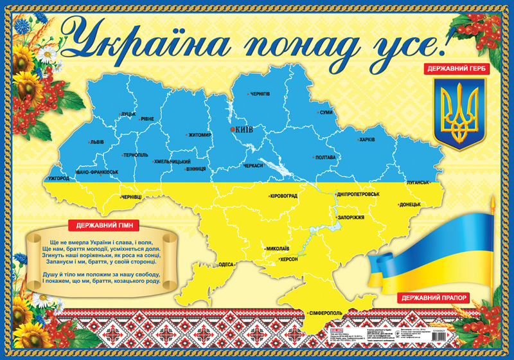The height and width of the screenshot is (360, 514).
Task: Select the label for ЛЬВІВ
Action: (97, 141)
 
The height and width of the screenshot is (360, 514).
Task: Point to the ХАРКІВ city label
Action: (367, 139)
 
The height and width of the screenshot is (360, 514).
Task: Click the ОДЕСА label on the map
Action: (226, 264)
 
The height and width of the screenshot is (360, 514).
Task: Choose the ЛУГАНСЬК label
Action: (417, 183)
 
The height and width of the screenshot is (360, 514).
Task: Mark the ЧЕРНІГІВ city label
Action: (260, 94)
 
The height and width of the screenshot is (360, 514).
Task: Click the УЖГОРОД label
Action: (59, 178)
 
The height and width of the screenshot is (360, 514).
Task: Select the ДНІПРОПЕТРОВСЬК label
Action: (358, 194)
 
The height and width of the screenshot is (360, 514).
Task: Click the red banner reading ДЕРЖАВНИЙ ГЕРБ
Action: (456, 67)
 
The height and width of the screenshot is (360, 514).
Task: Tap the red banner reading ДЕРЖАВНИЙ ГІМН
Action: (100, 226)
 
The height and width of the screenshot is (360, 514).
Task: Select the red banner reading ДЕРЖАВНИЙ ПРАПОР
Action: (433, 298)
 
